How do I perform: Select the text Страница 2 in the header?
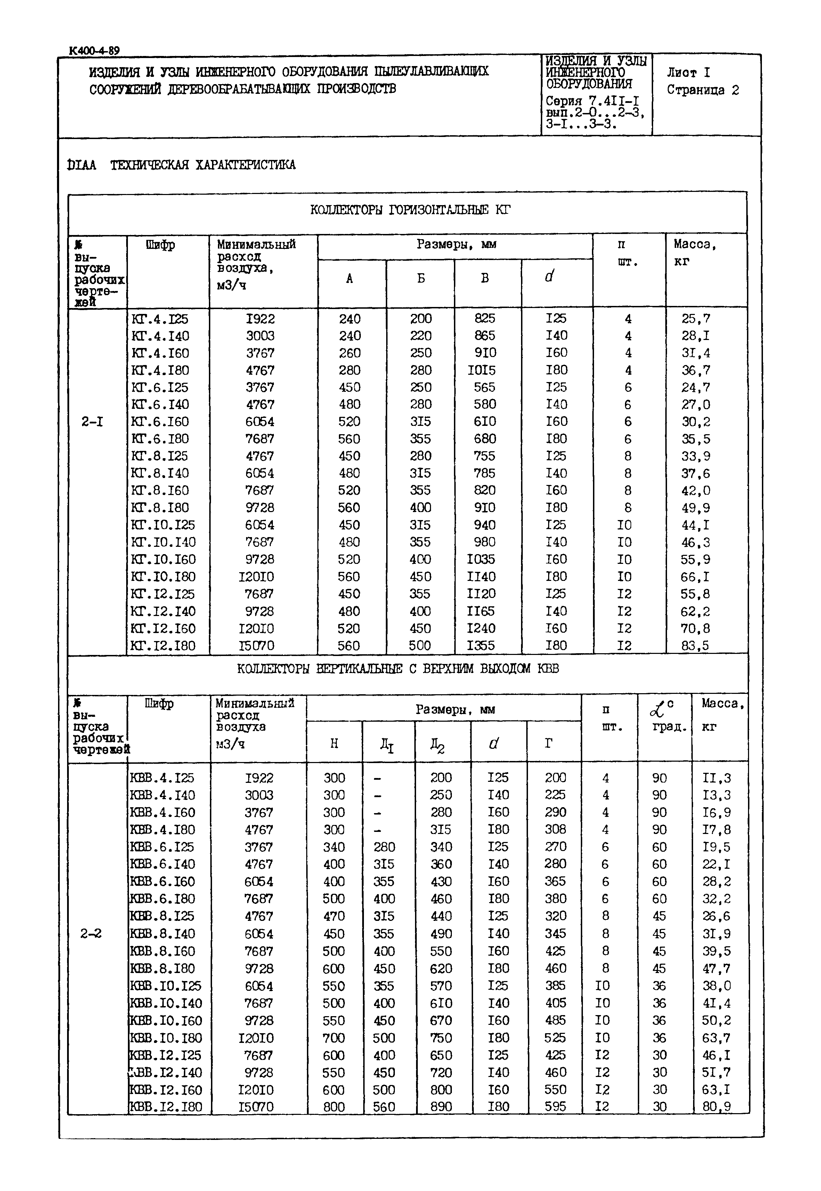pos(703,90)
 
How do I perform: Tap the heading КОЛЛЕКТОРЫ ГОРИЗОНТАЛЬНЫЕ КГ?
pos(410,210)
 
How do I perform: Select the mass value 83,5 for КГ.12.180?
pos(696,646)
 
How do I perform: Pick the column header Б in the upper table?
pos(421,279)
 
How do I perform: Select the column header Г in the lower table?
pos(549,743)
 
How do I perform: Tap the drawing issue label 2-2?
pos(91,934)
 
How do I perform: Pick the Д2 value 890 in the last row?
pos(441,1107)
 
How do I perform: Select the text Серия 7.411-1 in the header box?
pos(592,102)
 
